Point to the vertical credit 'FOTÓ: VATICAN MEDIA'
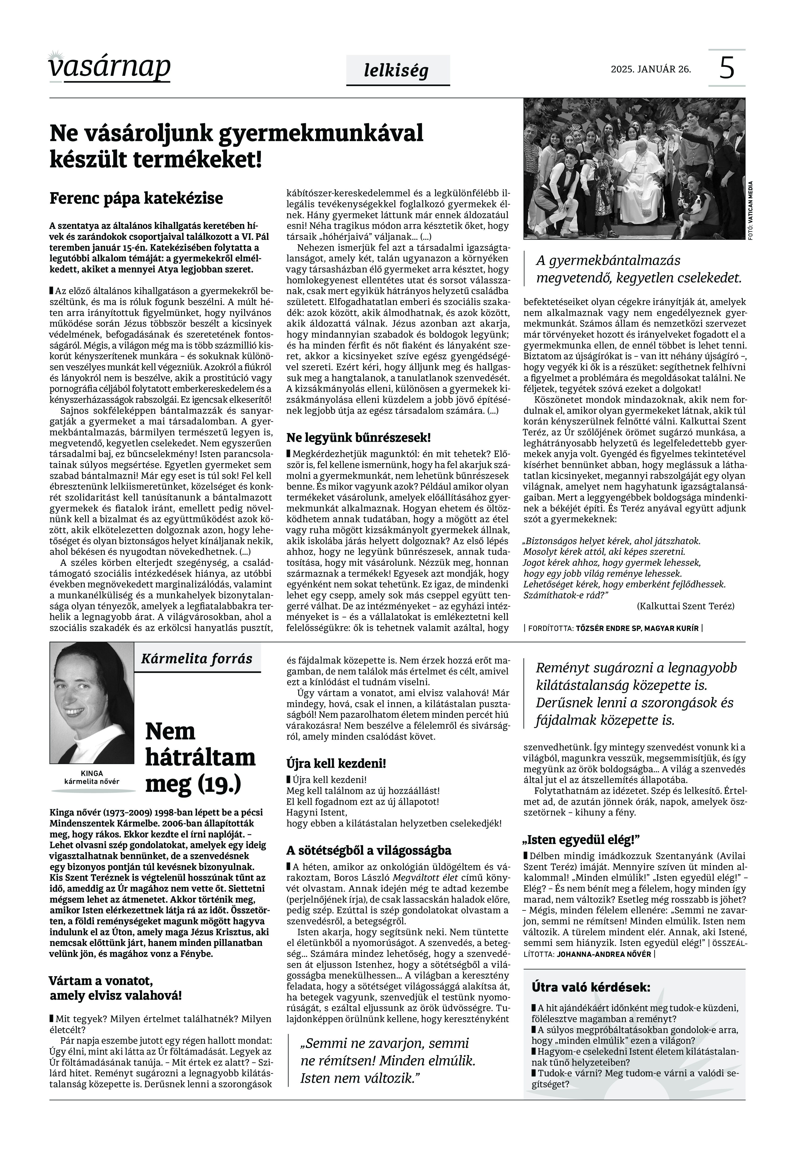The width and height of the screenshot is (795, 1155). tap(751, 212)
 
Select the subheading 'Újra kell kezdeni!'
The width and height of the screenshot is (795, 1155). tap(336, 763)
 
